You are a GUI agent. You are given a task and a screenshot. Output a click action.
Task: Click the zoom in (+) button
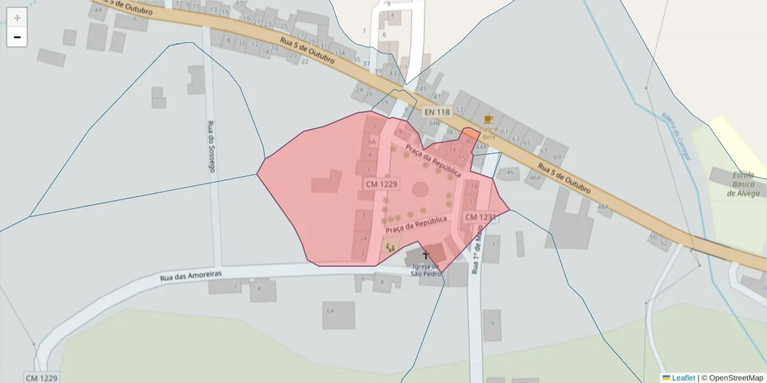point(17,17)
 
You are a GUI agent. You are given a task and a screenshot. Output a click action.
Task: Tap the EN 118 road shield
point(437,112)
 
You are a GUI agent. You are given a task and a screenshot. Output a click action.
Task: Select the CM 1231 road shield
point(479,218)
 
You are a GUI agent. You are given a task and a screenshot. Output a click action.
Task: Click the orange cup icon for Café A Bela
point(488,119)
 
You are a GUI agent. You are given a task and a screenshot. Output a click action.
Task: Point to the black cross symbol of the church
point(426,255)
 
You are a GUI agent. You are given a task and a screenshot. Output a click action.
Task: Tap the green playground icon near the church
point(391,247)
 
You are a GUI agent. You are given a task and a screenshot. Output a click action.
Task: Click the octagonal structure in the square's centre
point(421,189)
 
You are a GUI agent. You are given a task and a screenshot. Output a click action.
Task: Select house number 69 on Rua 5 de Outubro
point(557,157)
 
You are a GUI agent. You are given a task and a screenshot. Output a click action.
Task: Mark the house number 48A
point(603,207)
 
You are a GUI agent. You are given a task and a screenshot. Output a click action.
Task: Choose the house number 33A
point(339,53)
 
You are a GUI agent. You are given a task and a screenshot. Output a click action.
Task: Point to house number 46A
point(534,178)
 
